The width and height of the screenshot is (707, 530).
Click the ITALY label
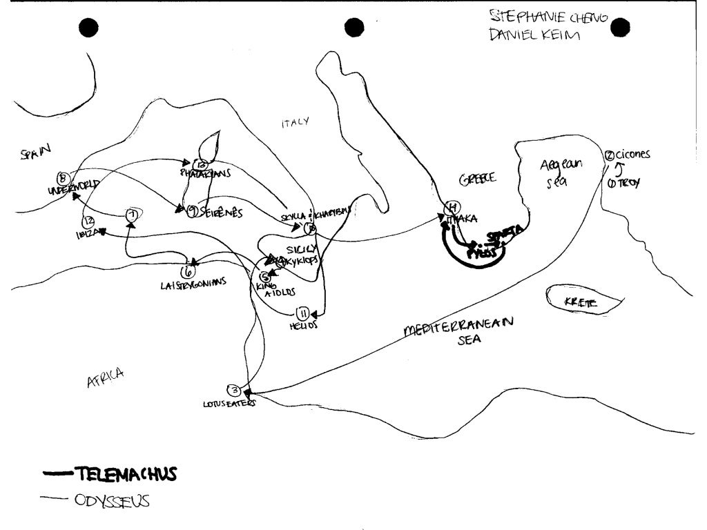click(x=295, y=122)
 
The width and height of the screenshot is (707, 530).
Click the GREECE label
click(x=477, y=178)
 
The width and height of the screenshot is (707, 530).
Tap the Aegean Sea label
click(x=561, y=173)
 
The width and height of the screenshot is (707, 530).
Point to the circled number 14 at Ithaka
click(x=452, y=207)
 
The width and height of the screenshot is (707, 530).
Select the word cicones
click(x=632, y=155)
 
